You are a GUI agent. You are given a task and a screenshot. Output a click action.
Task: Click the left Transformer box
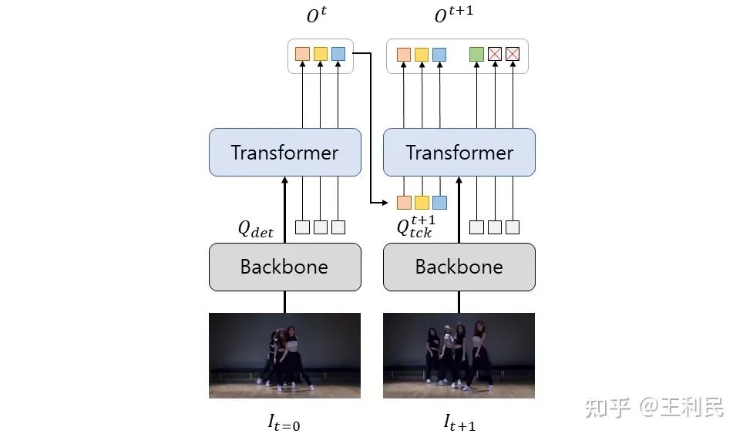click(284, 153)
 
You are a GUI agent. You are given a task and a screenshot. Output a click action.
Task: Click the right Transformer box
click(459, 153)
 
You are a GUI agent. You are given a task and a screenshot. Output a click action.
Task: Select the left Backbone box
click(284, 267)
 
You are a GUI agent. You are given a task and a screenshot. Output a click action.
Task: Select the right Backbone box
click(459, 267)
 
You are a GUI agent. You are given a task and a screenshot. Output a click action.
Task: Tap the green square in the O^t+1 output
click(476, 54)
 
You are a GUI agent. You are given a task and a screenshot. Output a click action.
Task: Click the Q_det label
click(255, 229)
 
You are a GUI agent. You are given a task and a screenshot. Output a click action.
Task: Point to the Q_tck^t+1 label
click(415, 227)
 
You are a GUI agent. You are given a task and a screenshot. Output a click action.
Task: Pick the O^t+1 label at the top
click(453, 15)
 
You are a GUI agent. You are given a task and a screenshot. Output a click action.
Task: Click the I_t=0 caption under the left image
click(284, 421)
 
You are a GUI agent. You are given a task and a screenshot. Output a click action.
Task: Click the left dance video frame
click(284, 355)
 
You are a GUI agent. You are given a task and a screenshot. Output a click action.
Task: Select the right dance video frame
click(459, 355)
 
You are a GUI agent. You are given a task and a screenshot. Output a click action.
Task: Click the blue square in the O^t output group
click(338, 54)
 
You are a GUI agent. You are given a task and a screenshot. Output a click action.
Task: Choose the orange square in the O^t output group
click(302, 54)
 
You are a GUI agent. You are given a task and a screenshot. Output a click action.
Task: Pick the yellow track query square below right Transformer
click(422, 203)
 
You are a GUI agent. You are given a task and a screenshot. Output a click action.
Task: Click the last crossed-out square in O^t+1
click(513, 54)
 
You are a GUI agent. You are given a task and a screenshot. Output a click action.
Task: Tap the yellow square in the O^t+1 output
click(422, 54)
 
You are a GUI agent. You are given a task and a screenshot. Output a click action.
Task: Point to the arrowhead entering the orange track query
click(391, 203)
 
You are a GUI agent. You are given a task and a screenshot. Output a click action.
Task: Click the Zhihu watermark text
click(654, 406)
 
